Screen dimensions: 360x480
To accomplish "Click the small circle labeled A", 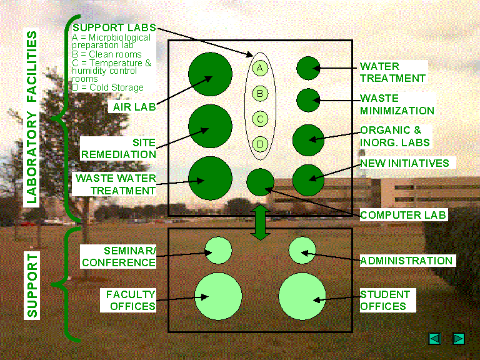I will coord(261,67).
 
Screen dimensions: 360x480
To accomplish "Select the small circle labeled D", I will coord(261,144).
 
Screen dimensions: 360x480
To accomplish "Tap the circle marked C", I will coord(261,118).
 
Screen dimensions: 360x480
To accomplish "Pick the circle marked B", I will coord(261,94).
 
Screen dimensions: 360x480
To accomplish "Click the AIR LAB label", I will coord(134,106).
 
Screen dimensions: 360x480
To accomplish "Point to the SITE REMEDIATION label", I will coord(128,148).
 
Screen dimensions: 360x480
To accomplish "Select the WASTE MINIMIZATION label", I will coord(396,104).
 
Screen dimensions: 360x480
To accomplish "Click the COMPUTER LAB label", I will coord(404,215).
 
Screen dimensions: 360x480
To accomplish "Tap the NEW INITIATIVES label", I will coord(404,163).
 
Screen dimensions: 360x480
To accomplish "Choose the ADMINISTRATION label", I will coord(406,261).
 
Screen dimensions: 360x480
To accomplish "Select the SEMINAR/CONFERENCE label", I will coord(119,256).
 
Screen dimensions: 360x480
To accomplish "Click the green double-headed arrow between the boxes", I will coord(261,224).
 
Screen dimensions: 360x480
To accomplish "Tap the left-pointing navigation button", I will coord(435,338).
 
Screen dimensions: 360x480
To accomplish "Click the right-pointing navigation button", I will coord(458,338).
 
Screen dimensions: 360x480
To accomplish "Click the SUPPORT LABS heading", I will coord(114,28).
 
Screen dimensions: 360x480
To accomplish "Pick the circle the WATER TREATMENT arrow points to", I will coord(308,68).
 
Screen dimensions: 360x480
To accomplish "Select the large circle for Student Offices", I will coord(302,296).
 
